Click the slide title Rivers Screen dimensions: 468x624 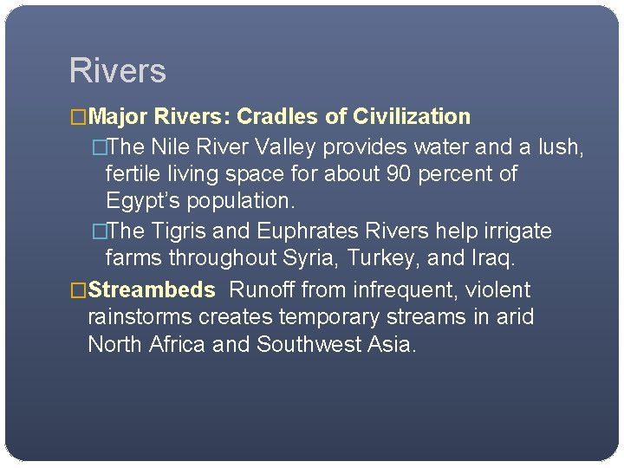coord(117,71)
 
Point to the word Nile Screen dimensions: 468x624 coord(170,147)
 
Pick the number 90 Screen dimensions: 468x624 coord(399,174)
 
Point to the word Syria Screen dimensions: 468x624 coord(302,258)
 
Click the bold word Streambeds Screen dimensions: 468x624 coord(152,290)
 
